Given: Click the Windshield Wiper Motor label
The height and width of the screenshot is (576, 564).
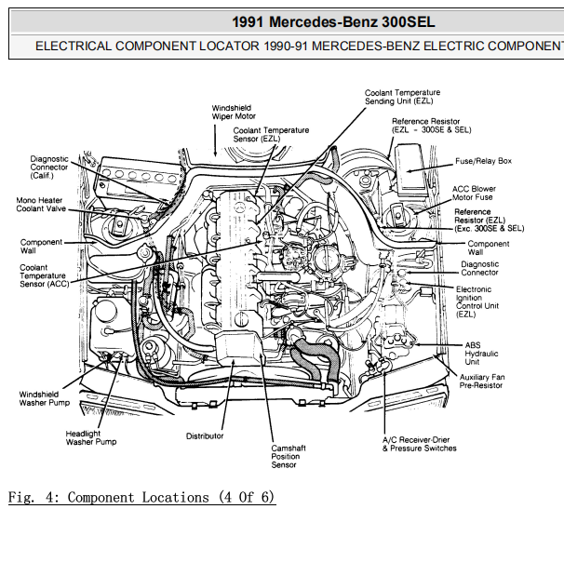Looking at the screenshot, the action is (234, 113).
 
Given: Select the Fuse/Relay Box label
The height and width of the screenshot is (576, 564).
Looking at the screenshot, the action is (483, 161).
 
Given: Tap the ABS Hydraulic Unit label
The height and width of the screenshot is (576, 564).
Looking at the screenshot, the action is (481, 354).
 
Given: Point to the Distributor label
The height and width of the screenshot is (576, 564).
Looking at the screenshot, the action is (205, 436).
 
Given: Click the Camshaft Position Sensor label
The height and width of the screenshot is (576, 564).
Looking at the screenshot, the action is (289, 456).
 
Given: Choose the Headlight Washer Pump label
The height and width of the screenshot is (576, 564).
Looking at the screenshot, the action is (91, 437).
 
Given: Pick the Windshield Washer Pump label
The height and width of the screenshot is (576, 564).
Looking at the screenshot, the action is (44, 398).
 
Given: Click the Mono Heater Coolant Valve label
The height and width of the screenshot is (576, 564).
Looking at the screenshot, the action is (41, 204).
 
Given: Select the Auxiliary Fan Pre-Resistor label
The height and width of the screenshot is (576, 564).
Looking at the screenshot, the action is (482, 382).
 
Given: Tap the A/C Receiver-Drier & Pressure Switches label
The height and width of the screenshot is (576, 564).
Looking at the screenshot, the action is (419, 444).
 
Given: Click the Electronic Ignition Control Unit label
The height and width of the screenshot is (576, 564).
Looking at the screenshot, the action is (477, 301).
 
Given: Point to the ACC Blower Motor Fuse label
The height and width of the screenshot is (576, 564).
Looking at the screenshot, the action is (474, 193).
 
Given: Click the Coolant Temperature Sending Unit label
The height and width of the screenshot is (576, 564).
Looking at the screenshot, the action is (402, 97).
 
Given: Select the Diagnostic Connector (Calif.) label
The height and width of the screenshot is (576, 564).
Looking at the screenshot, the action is (49, 167).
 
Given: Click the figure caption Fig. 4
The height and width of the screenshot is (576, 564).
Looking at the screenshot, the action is (141, 498).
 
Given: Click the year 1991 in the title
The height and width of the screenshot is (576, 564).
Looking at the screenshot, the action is (248, 22).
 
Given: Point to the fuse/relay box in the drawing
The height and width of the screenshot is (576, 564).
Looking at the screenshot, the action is (410, 169).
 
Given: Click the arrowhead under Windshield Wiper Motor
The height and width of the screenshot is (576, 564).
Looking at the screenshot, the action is (215, 153).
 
